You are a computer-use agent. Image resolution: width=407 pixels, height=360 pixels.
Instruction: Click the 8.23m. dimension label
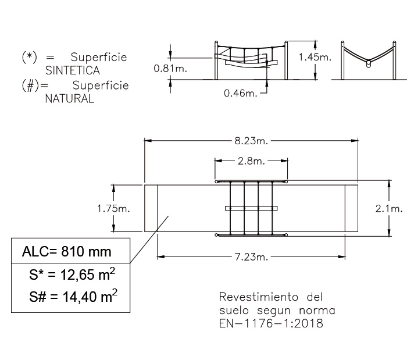point(251,141)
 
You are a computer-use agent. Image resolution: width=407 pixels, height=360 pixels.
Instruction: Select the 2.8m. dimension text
point(251,161)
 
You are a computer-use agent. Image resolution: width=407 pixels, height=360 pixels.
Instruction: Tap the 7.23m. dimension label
point(251,257)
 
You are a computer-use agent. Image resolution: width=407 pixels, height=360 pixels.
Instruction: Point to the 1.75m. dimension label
point(113,208)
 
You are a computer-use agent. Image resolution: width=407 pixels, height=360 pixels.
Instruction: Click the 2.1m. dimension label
point(389,208)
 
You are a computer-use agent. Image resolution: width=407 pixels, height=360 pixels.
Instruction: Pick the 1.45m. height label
point(315,57)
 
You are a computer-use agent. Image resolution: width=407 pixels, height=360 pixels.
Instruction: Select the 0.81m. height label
point(170,69)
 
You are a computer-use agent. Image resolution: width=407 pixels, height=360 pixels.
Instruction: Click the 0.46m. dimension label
point(241,93)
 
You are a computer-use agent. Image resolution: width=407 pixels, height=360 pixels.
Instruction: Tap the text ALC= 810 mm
point(67,251)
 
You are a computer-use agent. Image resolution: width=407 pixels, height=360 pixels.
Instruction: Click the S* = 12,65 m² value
point(72,275)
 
